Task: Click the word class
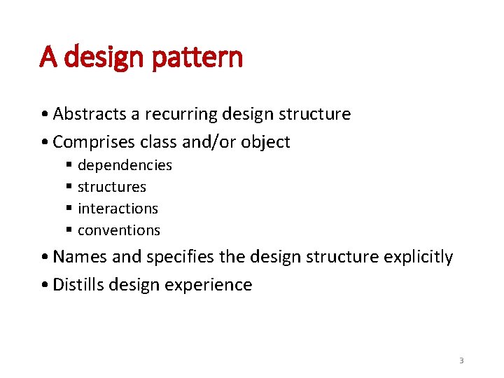tap(158, 142)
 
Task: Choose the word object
tap(265, 142)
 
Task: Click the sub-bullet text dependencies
tap(125, 165)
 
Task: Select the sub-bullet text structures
tap(112, 187)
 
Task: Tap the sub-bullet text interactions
tap(118, 209)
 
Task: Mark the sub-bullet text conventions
tap(119, 230)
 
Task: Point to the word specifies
tap(177, 257)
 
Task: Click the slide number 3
tap(461, 360)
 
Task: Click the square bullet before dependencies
tap(70, 166)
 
